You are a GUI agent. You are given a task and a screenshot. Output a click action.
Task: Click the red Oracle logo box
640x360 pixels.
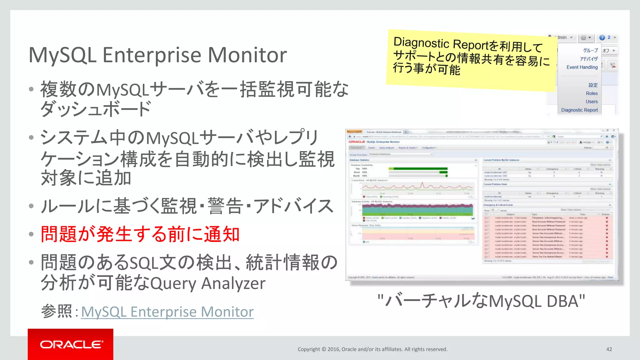point(70,344)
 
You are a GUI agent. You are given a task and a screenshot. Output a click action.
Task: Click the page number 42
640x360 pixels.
point(609,349)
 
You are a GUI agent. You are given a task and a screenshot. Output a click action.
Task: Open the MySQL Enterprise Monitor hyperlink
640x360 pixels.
point(167,312)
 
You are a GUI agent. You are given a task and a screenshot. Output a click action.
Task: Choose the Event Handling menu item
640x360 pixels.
point(582,67)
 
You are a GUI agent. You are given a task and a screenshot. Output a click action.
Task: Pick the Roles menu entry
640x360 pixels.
point(592,93)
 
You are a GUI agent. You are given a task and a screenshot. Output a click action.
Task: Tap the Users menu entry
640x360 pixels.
point(592,102)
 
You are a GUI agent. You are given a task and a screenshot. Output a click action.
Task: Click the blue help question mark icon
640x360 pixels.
point(602,37)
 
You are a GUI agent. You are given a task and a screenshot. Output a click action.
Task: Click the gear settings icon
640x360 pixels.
point(583,37)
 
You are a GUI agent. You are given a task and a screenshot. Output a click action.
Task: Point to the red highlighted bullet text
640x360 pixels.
point(140,234)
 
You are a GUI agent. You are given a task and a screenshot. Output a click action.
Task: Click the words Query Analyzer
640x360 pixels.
point(208,283)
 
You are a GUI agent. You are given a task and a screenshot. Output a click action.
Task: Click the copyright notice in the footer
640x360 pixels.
point(372,349)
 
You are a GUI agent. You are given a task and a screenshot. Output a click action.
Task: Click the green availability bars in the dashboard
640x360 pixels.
point(419,172)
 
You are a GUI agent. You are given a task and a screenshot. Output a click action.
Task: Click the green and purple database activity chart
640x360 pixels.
point(417,210)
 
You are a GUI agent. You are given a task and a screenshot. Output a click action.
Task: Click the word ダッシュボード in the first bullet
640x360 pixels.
point(96,109)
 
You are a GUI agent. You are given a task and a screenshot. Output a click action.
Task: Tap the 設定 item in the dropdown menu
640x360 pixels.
point(593,85)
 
